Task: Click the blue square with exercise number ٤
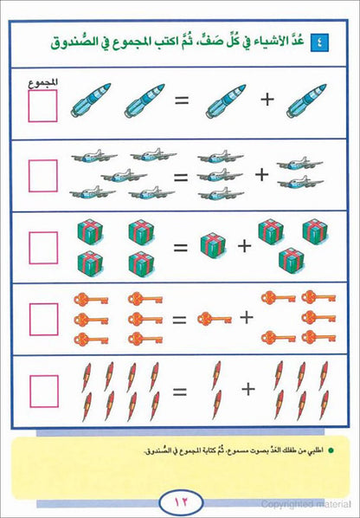point(319,43)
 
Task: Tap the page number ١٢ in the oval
point(181,502)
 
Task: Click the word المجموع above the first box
point(43,83)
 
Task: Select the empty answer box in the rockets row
point(42,106)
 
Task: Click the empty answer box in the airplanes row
point(43,176)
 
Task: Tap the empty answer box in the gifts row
point(43,248)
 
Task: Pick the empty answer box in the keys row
point(43,320)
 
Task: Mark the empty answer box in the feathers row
point(44,392)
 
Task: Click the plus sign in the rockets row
point(267,100)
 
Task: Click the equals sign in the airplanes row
point(181,178)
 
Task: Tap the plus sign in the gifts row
point(245,246)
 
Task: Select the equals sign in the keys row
point(179,320)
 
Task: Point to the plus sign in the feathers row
point(248,389)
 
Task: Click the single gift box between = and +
point(213,244)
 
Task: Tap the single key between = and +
point(215,320)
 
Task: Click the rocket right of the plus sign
point(306,100)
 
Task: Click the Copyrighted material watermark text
point(305,504)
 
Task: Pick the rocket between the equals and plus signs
point(226,101)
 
